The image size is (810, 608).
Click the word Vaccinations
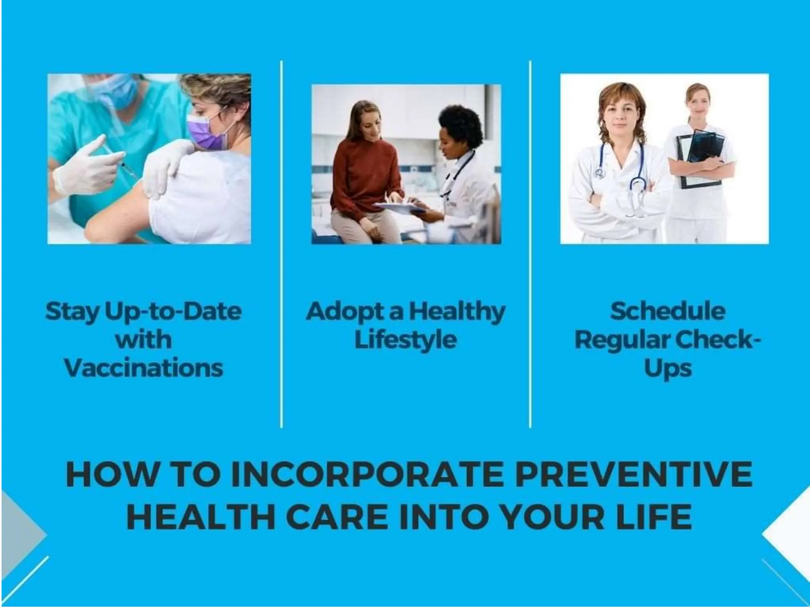(x=144, y=369)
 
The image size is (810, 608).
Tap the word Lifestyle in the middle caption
(x=405, y=340)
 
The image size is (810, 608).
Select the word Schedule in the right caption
(x=668, y=312)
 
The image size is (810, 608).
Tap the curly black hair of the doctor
(x=461, y=125)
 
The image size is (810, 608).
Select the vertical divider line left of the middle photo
(x=282, y=244)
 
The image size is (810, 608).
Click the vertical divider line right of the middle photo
(x=530, y=244)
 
